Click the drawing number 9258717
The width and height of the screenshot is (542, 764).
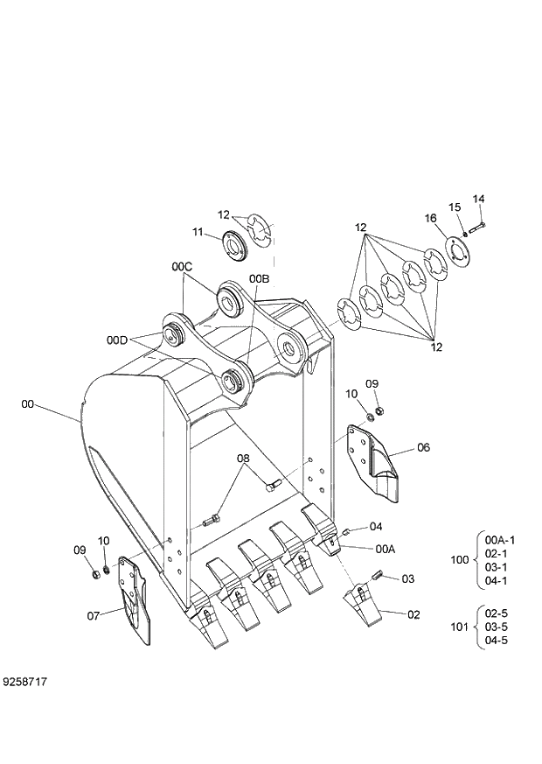pyautogui.click(x=24, y=679)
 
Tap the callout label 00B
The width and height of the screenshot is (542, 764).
pyautogui.click(x=259, y=278)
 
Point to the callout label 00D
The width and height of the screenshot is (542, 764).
pyautogui.click(x=117, y=340)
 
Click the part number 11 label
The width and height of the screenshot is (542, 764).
pyautogui.click(x=198, y=232)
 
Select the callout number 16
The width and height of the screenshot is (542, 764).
pyautogui.click(x=431, y=218)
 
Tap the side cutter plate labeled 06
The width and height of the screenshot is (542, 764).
pyautogui.click(x=372, y=459)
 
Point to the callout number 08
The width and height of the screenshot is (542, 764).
pyautogui.click(x=243, y=458)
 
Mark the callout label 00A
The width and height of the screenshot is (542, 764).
pyautogui.click(x=386, y=549)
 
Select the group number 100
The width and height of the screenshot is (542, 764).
pyautogui.click(x=459, y=559)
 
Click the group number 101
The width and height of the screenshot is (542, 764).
pyautogui.click(x=459, y=626)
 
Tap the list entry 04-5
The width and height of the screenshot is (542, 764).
pyautogui.click(x=497, y=640)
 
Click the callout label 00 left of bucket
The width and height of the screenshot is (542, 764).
pyautogui.click(x=28, y=404)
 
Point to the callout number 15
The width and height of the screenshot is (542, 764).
pyautogui.click(x=455, y=207)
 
